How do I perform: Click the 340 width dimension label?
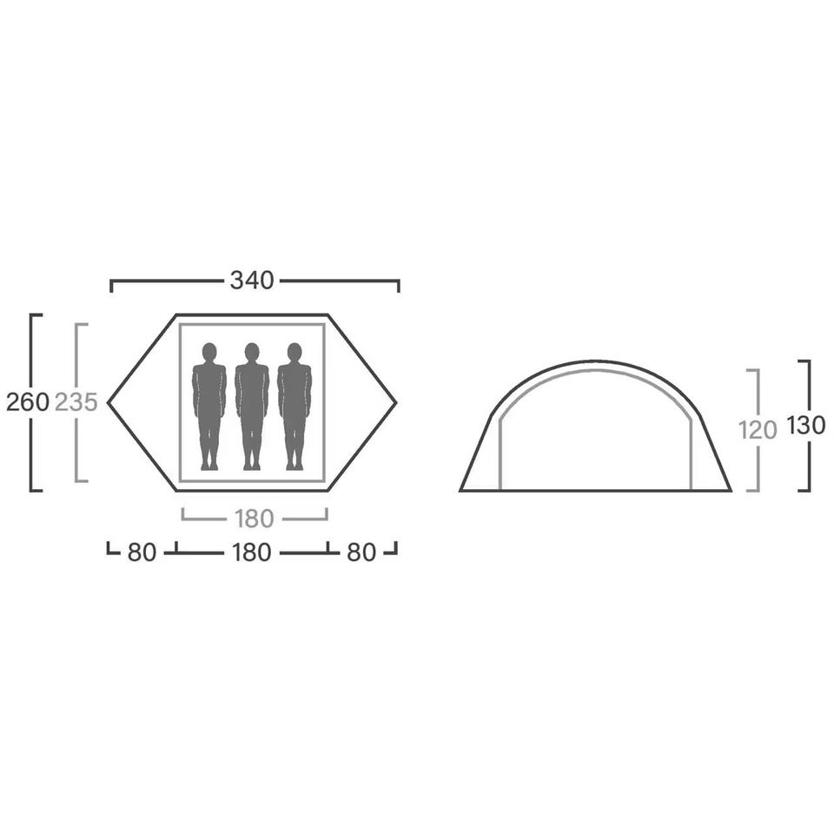252,281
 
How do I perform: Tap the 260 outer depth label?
27,402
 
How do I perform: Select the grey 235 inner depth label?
76,402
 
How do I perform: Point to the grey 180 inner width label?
255,519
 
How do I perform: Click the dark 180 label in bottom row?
252,553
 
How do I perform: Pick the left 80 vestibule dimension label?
142,553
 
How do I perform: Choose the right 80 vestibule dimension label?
361,553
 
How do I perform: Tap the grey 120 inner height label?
758,430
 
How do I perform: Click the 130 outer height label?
806,425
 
